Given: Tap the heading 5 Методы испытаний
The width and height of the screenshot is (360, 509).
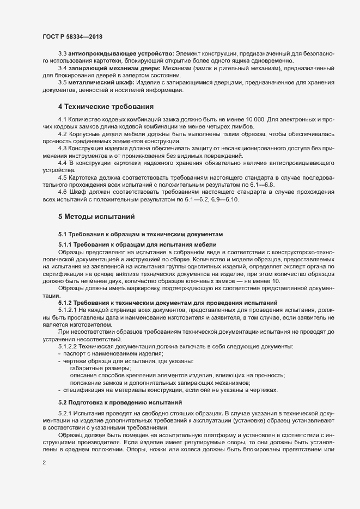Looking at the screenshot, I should (93, 217).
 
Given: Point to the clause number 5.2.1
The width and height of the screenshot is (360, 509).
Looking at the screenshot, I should (65, 414).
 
